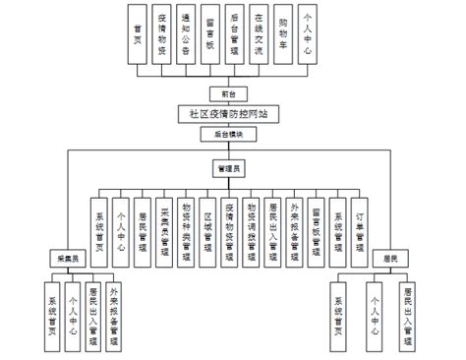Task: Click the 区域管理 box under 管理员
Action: click(206, 226)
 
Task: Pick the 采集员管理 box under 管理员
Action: click(163, 226)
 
